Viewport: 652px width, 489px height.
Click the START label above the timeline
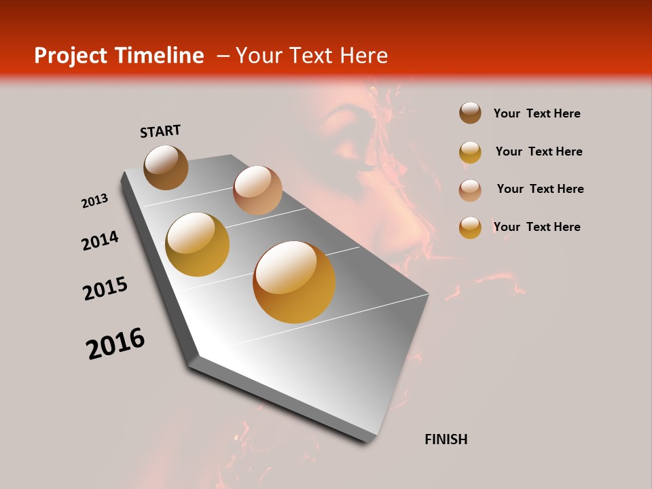160,131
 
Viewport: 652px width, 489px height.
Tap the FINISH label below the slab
446,439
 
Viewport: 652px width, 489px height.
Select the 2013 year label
94,201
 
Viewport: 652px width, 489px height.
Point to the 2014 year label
100,241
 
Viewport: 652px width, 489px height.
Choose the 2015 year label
105,289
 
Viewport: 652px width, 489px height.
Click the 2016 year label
115,344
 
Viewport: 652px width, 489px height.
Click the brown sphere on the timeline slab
166,167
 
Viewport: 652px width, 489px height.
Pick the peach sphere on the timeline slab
257,190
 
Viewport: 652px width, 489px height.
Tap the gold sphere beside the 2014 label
198,244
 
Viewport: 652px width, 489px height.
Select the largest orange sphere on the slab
294,282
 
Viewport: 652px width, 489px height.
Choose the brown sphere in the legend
470,113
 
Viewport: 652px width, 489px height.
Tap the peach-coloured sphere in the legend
470,190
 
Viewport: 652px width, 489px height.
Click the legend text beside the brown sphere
537,113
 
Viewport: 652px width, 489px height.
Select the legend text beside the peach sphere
540,189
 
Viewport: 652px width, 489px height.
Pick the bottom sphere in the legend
470,228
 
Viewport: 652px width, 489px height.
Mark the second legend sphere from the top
470,152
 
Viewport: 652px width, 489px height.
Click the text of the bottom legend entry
537,227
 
